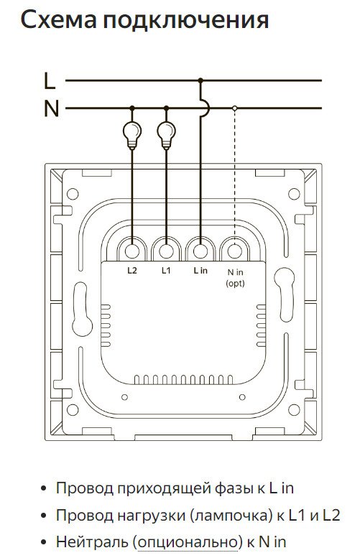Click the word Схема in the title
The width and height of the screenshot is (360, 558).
[59, 20]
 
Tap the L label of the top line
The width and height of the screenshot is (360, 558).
[50, 80]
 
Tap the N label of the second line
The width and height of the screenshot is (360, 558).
[51, 108]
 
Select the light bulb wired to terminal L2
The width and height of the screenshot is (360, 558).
[131, 135]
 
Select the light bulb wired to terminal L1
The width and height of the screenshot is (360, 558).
[166, 135]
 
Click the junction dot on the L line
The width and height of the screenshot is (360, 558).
[200, 80]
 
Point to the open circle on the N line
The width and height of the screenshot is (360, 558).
[234, 108]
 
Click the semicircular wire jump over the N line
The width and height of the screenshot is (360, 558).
[206, 108]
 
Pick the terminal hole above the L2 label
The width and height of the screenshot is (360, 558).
[132, 251]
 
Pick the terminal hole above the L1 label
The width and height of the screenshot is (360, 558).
[166, 251]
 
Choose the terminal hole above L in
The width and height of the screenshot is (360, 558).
[200, 251]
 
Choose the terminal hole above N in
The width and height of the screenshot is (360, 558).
[235, 251]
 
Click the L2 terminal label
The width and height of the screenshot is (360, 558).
[132, 271]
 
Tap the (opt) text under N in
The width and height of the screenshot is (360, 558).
[236, 284]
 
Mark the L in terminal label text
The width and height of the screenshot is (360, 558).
[200, 271]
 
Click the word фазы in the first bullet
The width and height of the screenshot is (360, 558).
[235, 488]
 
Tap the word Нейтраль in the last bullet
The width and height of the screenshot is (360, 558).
[92, 542]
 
